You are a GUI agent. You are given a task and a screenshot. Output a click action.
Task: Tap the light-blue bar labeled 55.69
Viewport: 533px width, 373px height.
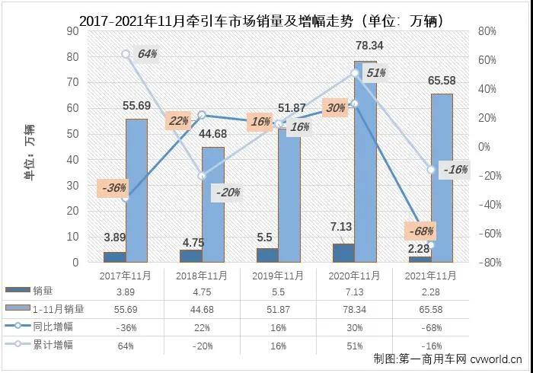(x=136, y=190)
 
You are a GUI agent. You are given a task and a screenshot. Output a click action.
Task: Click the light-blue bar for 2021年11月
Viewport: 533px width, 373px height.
(x=442, y=178)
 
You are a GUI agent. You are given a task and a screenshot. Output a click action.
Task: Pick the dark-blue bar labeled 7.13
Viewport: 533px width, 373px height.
(x=343, y=253)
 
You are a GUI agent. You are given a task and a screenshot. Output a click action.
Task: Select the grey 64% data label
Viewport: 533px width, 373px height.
(x=147, y=54)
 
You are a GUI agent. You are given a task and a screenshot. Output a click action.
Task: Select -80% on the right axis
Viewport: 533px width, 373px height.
(x=487, y=263)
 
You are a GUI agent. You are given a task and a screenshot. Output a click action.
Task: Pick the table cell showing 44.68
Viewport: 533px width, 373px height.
(x=202, y=309)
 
